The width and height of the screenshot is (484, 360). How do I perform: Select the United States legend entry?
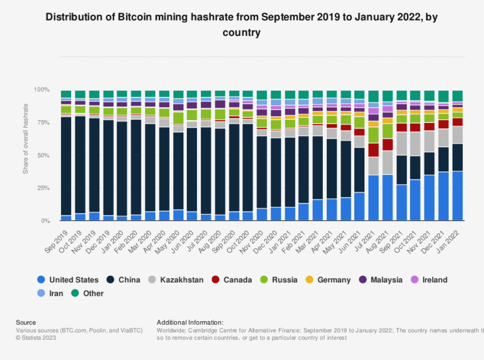pyautogui.click(x=68, y=280)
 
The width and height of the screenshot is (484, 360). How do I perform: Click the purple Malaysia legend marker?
pyautogui.click(x=363, y=280)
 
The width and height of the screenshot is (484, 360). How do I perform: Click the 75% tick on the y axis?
pyautogui.click(x=44, y=122)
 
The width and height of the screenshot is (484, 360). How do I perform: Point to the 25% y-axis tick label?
pyautogui.click(x=44, y=188)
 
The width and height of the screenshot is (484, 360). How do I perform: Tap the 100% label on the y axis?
pyautogui.click(x=43, y=90)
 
